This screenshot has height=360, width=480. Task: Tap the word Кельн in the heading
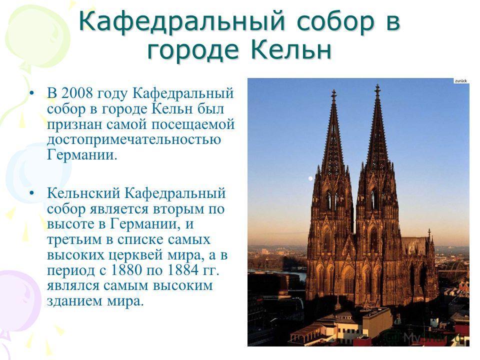tap(291, 50)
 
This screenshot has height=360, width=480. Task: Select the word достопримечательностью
tap(134, 140)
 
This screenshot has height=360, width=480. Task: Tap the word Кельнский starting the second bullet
tap(83, 193)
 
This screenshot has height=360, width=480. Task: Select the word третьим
tap(74, 239)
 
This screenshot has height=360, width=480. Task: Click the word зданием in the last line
tap(74, 301)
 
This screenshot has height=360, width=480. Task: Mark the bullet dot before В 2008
tap(31, 93)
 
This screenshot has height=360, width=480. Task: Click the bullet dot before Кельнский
tap(31, 193)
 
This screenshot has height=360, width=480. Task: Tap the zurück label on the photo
tap(460, 81)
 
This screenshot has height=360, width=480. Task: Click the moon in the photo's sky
tap(310, 178)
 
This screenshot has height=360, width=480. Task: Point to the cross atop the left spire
tap(333, 94)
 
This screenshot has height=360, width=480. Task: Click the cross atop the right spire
tap(377, 89)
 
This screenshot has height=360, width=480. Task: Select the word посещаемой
tap(193, 124)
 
